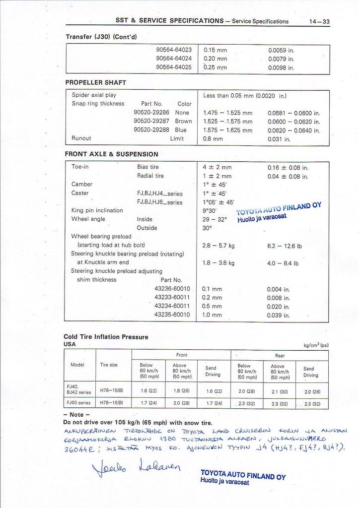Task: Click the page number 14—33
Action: (319, 21)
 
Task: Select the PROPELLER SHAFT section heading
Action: (96, 82)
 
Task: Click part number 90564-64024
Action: (174, 58)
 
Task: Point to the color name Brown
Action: (183, 121)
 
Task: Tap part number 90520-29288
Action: (151, 130)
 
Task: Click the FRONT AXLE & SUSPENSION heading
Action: (112, 154)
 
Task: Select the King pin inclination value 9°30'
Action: (211, 210)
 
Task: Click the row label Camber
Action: (82, 184)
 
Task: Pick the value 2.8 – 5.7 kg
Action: (218, 246)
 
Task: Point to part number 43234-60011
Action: (172, 306)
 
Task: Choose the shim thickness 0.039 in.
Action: (278, 315)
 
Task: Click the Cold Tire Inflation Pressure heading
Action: (106, 337)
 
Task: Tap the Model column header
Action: (77, 365)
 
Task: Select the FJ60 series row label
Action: (78, 403)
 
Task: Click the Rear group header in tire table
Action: (280, 355)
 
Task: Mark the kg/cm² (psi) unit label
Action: (316, 345)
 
